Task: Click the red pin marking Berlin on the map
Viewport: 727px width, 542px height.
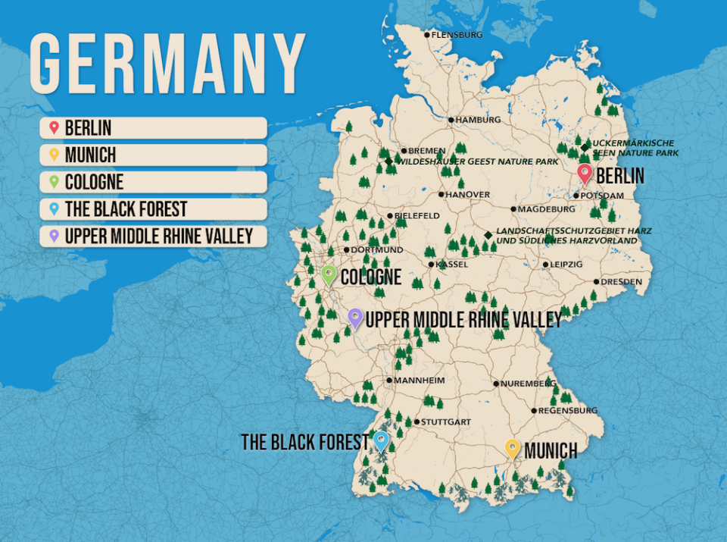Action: (584, 174)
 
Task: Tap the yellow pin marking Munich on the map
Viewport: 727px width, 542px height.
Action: (513, 449)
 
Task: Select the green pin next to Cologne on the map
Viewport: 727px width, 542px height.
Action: (329, 274)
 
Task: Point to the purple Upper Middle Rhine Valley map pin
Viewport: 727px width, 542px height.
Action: (355, 318)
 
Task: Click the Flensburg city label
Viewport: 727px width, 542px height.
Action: (457, 34)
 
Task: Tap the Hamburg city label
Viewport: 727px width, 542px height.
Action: (477, 120)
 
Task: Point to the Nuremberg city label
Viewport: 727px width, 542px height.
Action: (528, 384)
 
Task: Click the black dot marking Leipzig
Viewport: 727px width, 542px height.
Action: (545, 265)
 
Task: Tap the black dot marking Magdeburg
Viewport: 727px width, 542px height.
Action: (513, 209)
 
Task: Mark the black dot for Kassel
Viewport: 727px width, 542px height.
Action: (432, 265)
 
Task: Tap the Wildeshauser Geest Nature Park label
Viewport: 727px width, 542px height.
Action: (479, 161)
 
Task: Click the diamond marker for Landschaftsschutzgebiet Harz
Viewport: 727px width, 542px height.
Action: (488, 235)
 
